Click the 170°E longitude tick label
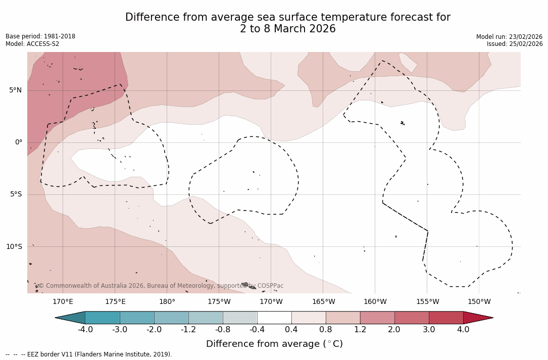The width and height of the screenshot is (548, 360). click(63, 302)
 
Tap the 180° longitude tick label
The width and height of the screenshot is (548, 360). click(167, 302)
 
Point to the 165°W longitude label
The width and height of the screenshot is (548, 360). click(323, 302)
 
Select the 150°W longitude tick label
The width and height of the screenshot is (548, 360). click(479, 302)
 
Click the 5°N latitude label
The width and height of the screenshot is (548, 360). click(15, 90)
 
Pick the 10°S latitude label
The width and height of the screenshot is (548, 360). click(14, 247)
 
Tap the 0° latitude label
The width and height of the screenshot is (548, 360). click(18, 142)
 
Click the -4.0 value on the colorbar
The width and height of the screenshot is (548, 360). click(85, 330)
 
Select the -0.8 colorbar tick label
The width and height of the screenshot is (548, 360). click(223, 330)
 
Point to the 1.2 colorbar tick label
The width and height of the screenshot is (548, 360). click(360, 330)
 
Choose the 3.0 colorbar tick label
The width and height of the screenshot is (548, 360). click(429, 330)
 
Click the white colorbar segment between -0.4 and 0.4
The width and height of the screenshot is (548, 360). click(274, 318)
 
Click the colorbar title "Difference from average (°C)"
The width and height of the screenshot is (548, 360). click(274, 344)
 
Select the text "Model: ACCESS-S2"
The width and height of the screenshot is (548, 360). click(32, 44)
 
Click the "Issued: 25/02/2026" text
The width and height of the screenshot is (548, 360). click(515, 44)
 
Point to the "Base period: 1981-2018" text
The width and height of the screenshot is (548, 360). click(40, 36)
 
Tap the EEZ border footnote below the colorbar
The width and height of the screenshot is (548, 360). click(89, 354)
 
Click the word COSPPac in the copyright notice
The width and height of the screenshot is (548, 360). click(270, 286)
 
